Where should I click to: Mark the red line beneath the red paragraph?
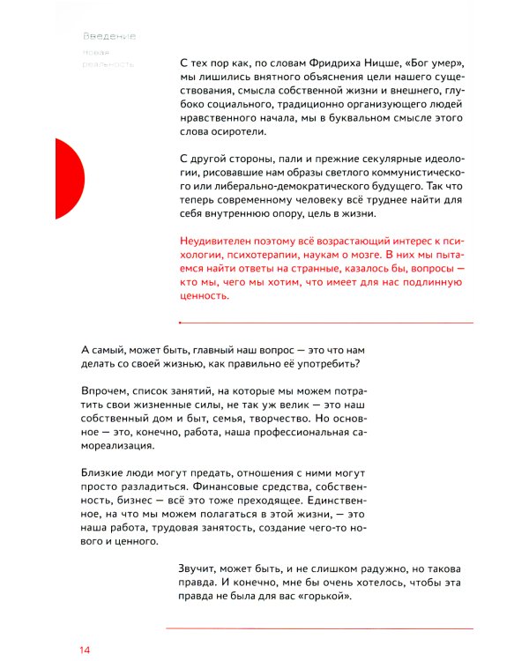325,323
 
